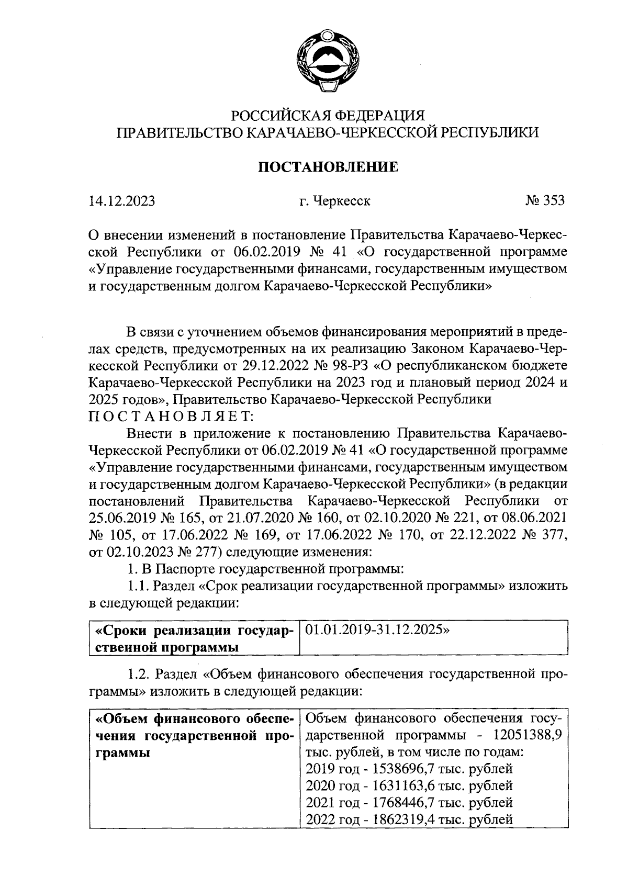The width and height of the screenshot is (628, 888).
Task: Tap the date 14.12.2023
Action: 121,201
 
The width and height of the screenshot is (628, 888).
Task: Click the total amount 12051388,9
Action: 528,735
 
